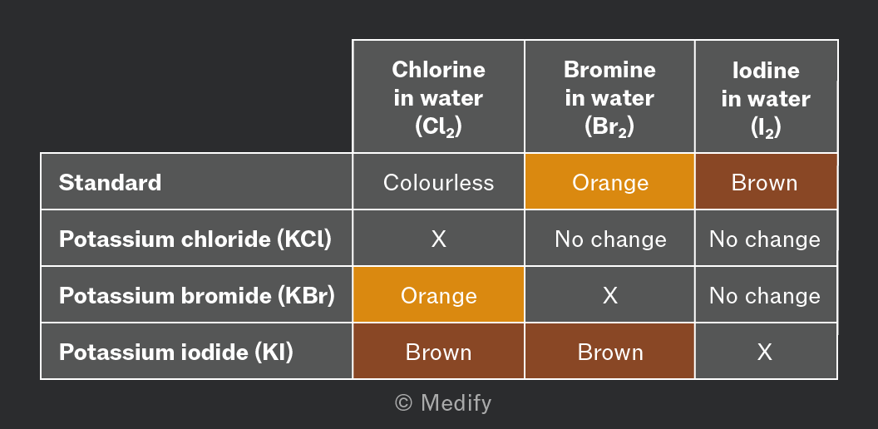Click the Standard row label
(x=111, y=183)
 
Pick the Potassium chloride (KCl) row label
(x=195, y=239)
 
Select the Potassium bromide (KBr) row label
(x=197, y=296)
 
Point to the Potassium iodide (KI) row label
(x=176, y=353)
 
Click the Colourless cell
(x=438, y=183)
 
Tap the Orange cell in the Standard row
(x=609, y=182)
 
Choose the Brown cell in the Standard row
(x=766, y=182)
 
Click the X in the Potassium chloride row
(x=438, y=239)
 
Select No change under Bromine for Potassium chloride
(x=610, y=239)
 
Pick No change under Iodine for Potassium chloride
(x=765, y=239)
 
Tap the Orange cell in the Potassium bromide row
(x=438, y=294)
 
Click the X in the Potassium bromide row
(x=609, y=296)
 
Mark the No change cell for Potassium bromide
(x=765, y=296)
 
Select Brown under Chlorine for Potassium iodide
(x=438, y=351)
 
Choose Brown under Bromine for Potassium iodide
(x=609, y=351)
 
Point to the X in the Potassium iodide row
(x=765, y=353)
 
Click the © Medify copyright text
(x=443, y=403)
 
